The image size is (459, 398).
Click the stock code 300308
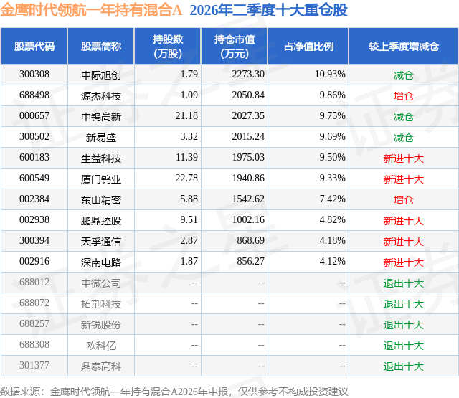[x=34, y=75]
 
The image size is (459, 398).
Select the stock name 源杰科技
[x=101, y=96]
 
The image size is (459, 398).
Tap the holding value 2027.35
[x=248, y=116]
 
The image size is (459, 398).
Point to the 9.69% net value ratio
[x=332, y=137]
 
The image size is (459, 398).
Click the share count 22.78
[x=186, y=179]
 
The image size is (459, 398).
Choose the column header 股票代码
[x=34, y=46]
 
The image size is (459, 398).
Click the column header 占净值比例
[x=308, y=46]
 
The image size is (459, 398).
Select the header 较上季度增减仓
[x=404, y=46]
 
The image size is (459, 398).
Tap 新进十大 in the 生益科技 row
[x=404, y=158]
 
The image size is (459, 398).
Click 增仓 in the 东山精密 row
[x=404, y=200]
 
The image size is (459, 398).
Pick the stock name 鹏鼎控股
[x=101, y=221]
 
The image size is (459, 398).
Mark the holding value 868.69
[x=250, y=240]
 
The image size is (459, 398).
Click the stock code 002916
[x=34, y=261]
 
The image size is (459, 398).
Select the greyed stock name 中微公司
[x=101, y=283]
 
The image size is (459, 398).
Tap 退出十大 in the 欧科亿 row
[x=404, y=346]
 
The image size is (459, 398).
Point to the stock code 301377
[x=34, y=365]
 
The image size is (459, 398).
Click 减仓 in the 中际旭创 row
[x=404, y=75]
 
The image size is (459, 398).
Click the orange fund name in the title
[x=91, y=10]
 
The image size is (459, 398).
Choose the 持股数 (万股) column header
[x=168, y=46]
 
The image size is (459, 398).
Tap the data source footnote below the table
[x=174, y=392]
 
